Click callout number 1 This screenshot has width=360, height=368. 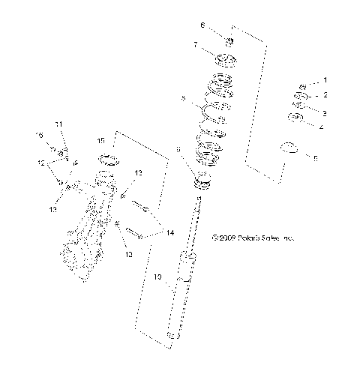point(325,79)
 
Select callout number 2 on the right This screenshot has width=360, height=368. point(325,96)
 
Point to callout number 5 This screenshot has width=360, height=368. point(316,158)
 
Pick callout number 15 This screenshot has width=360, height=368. point(100,139)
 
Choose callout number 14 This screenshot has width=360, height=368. point(170,233)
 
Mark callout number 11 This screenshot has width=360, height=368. point(58,124)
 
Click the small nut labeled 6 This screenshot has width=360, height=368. point(230,40)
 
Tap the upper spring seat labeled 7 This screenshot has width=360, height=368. point(227,60)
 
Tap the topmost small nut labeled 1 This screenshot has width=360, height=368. point(303,86)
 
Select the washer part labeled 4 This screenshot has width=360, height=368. point(296,119)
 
